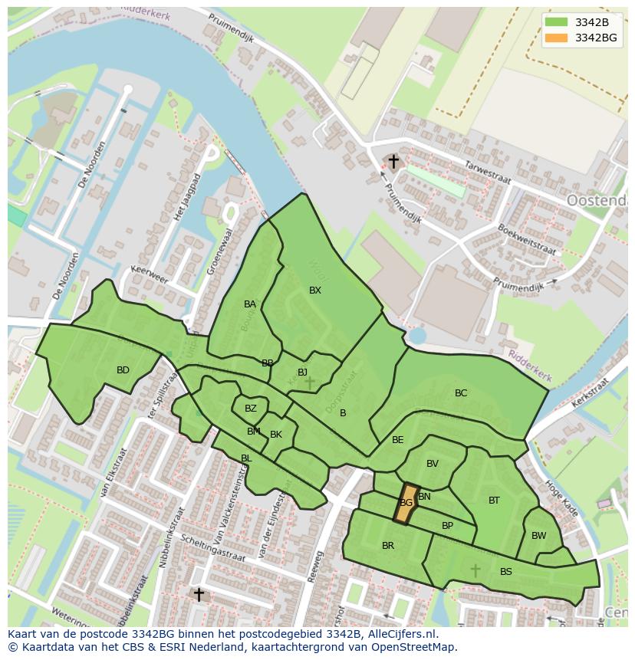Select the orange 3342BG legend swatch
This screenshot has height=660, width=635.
click(x=558, y=38)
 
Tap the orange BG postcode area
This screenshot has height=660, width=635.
click(x=406, y=503)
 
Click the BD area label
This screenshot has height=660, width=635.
click(x=123, y=370)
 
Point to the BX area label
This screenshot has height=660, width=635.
click(x=315, y=291)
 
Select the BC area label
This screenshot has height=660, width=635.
click(x=461, y=393)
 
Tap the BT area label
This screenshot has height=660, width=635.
click(x=494, y=501)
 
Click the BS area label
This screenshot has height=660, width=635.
click(x=506, y=572)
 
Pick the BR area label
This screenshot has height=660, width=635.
click(x=388, y=546)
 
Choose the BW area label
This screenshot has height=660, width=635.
click(x=539, y=536)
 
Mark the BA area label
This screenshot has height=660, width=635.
click(x=250, y=304)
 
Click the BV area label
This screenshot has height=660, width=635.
click(x=433, y=464)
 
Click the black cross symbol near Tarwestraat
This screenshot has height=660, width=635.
click(x=393, y=162)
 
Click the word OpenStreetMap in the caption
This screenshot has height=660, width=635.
click(x=413, y=647)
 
